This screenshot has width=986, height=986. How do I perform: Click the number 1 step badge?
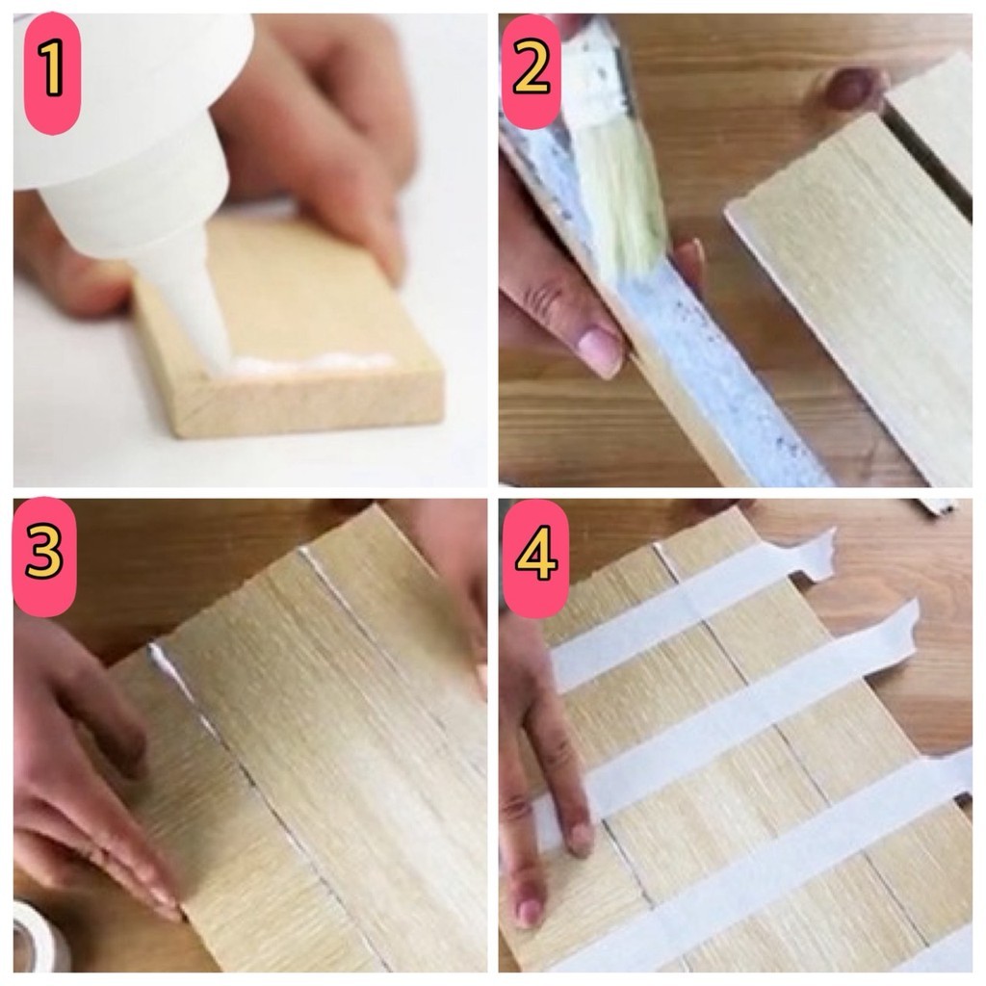[52, 72]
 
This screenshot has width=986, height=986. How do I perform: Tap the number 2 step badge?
[532, 71]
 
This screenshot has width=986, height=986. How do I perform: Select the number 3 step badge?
[44, 556]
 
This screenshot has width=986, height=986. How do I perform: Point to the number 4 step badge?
[536, 558]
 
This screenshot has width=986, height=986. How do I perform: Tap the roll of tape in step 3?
[39, 937]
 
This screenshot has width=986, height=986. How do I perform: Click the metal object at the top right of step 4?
[936, 506]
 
